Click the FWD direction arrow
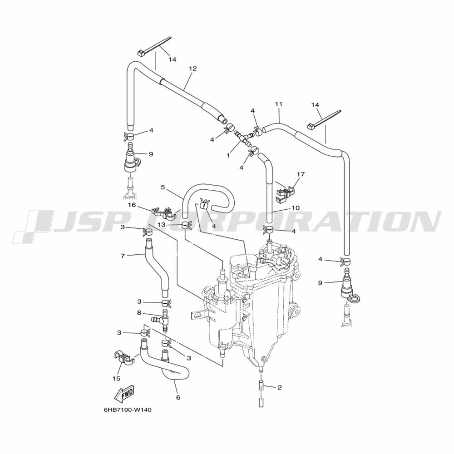125,394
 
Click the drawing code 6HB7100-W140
128,410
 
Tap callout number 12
192,69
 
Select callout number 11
279,104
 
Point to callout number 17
301,174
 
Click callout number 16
132,205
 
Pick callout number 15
117,379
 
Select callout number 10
296,208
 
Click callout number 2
279,387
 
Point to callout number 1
228,155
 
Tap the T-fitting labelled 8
163,320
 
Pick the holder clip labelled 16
165,212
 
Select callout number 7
123,256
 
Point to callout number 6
178,398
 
